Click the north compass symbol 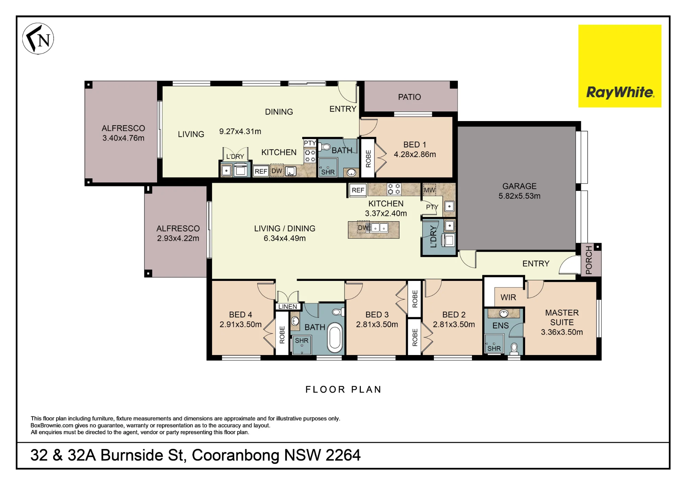click(x=38, y=39)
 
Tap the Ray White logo click(x=620, y=66)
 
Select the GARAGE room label click(x=519, y=186)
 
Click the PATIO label click(x=409, y=97)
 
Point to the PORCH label click(x=589, y=260)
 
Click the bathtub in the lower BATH click(x=335, y=338)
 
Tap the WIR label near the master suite click(x=508, y=297)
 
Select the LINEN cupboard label click(x=287, y=307)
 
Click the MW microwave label click(x=429, y=190)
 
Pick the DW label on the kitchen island click(x=363, y=227)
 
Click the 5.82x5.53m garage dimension click(x=519, y=196)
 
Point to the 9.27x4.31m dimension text click(x=240, y=131)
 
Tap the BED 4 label click(x=240, y=315)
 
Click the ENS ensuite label click(x=500, y=326)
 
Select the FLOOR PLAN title click(x=343, y=389)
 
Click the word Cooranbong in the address click(x=236, y=456)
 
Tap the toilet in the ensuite click(x=514, y=349)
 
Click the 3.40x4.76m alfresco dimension click(x=123, y=138)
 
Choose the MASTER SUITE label click(x=562, y=318)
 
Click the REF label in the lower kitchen click(x=358, y=190)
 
